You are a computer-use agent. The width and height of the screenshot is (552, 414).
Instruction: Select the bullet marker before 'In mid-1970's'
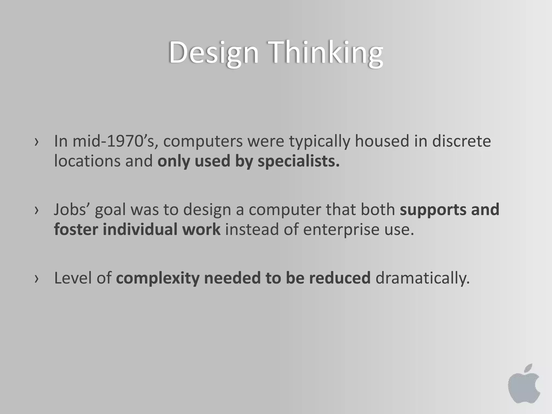[36, 142]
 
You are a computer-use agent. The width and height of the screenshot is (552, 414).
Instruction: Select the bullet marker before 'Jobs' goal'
[36, 210]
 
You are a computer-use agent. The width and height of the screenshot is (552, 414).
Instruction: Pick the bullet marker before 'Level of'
[36, 279]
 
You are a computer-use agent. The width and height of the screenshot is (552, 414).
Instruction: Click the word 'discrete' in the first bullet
[461, 141]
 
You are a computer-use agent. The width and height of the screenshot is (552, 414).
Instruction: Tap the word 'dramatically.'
[422, 278]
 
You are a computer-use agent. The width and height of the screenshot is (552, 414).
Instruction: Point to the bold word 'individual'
[140, 229]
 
